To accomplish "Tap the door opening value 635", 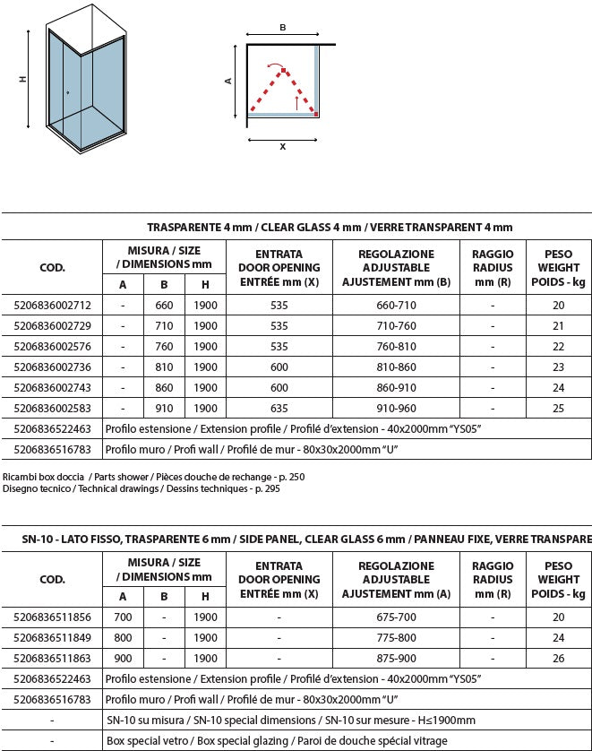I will point(279,409).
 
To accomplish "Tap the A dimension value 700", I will point(123,617).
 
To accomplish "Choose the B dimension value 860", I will point(164,388).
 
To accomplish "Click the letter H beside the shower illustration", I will point(22,80).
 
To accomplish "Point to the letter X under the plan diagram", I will point(283,146).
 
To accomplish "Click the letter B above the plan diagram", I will point(283,28).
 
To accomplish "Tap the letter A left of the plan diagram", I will point(228,80).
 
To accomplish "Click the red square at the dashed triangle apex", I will point(283,69).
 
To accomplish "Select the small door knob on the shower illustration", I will point(67,92).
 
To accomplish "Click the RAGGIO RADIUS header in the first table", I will point(493,267).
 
